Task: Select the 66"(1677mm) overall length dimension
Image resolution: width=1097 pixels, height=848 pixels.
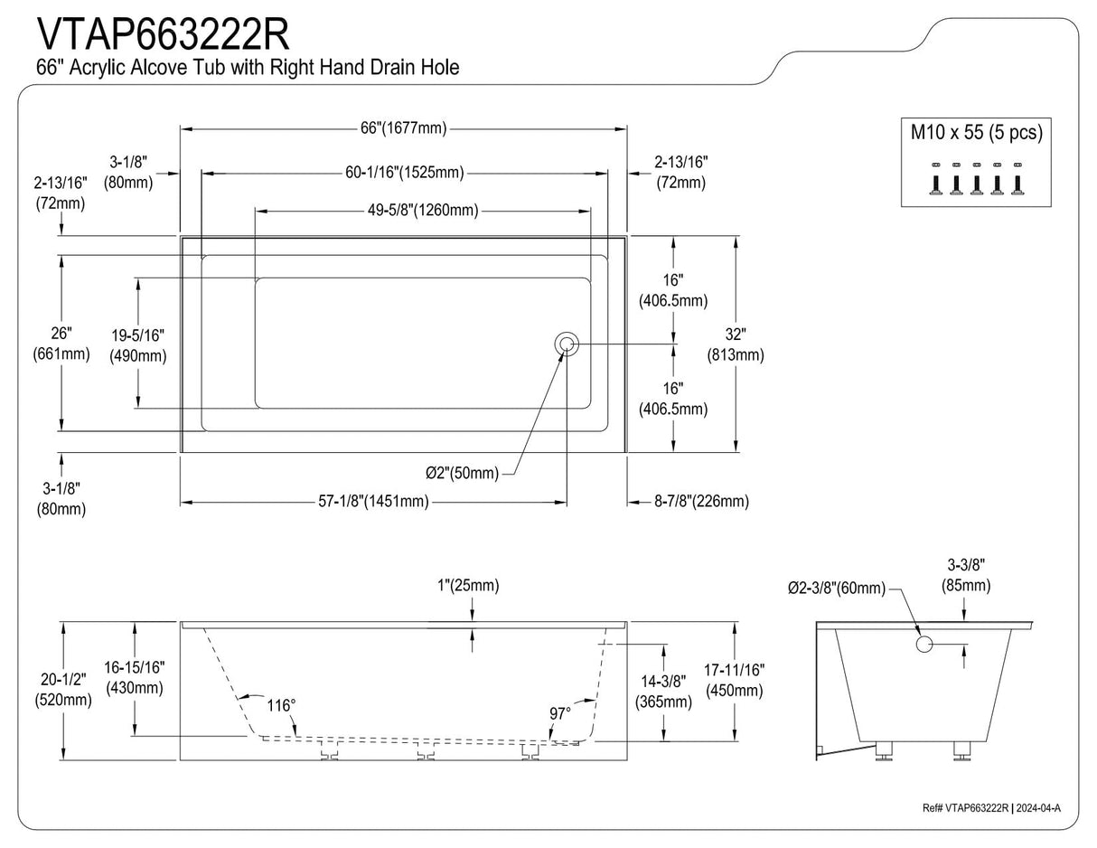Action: (403, 128)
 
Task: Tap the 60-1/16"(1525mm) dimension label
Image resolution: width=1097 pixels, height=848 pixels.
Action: (404, 173)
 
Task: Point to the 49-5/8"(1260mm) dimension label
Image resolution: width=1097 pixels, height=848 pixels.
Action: (423, 211)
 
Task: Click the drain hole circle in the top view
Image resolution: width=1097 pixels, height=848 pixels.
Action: (567, 344)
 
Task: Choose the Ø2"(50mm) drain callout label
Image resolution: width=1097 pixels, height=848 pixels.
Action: (462, 473)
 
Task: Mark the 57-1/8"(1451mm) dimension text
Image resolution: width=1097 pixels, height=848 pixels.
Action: (373, 501)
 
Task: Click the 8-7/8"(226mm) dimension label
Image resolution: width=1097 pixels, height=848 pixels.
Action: (701, 501)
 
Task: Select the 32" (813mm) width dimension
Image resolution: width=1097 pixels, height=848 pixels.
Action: (735, 344)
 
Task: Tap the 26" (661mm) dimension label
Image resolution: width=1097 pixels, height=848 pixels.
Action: (61, 344)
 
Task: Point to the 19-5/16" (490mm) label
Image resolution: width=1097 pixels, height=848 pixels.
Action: (138, 345)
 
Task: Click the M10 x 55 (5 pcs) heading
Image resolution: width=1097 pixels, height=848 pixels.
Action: (975, 133)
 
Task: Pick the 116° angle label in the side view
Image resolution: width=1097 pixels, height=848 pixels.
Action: (281, 705)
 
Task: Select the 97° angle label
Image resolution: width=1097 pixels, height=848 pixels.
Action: (560, 713)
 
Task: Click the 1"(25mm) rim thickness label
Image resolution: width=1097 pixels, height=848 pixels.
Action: (467, 586)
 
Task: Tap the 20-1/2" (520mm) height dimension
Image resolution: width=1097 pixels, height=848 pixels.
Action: (62, 690)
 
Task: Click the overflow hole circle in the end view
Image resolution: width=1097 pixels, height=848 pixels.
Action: (924, 645)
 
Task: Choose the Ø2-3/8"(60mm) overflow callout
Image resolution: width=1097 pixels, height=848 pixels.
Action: (836, 589)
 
